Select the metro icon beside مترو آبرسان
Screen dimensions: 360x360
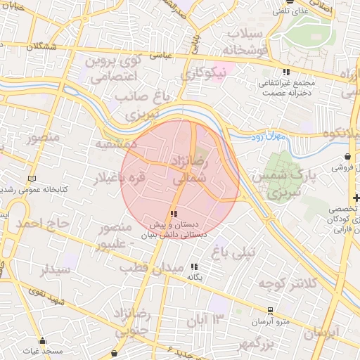click(x=269, y=310)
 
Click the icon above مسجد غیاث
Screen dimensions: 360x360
click(x=42, y=340)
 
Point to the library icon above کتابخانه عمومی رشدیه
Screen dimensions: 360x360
click(x=30, y=179)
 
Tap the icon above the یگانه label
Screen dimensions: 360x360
click(x=195, y=266)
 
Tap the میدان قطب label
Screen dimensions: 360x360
click(x=151, y=269)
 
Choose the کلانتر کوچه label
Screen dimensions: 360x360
click(x=288, y=283)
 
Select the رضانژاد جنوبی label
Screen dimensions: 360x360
click(x=136, y=319)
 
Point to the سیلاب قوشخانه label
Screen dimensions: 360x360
click(x=244, y=42)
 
